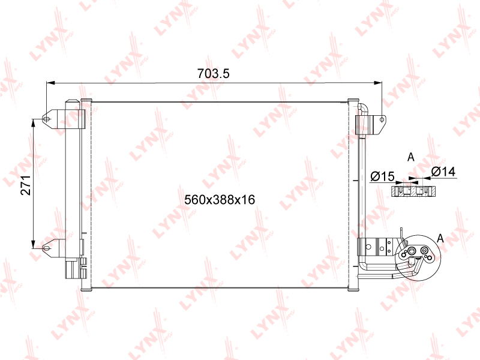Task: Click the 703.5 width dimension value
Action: tap(213, 74)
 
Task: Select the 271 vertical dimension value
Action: tap(26, 185)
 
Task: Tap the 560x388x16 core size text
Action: tap(220, 200)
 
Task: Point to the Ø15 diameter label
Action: tap(382, 176)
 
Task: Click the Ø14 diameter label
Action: tap(443, 172)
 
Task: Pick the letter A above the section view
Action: tap(411, 157)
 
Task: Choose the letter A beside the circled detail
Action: tap(440, 238)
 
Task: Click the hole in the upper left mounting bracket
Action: tap(47, 119)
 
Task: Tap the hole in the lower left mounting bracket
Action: tap(47, 247)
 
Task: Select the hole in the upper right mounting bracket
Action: tap(382, 119)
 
